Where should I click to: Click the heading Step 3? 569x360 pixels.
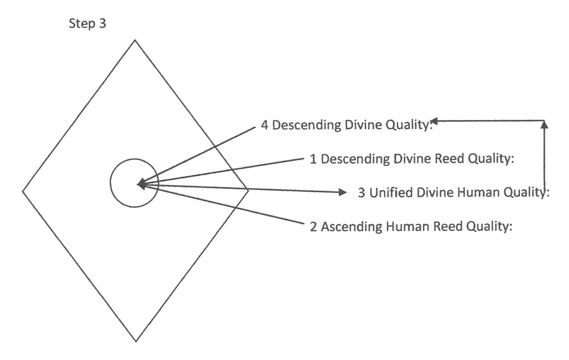pyautogui.click(x=89, y=24)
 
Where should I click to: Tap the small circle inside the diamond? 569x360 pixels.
pyautogui.click(x=134, y=183)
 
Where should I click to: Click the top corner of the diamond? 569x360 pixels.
pyautogui.click(x=135, y=40)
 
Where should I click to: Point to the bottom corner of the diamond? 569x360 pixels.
pyautogui.click(x=136, y=341)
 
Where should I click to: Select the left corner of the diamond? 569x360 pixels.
pyautogui.click(x=23, y=191)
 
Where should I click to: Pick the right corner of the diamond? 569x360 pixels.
pyautogui.click(x=248, y=190)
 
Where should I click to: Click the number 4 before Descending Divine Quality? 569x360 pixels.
pyautogui.click(x=264, y=125)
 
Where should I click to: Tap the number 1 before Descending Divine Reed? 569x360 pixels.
pyautogui.click(x=312, y=159)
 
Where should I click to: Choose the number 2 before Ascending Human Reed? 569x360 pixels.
pyautogui.click(x=313, y=226)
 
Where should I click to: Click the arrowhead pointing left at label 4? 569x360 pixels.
pyautogui.click(x=435, y=120)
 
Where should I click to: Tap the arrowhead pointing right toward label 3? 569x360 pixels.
pyautogui.click(x=343, y=192)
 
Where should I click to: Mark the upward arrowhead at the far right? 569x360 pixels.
pyautogui.click(x=545, y=125)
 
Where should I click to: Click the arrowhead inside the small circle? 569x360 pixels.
pyautogui.click(x=142, y=184)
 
